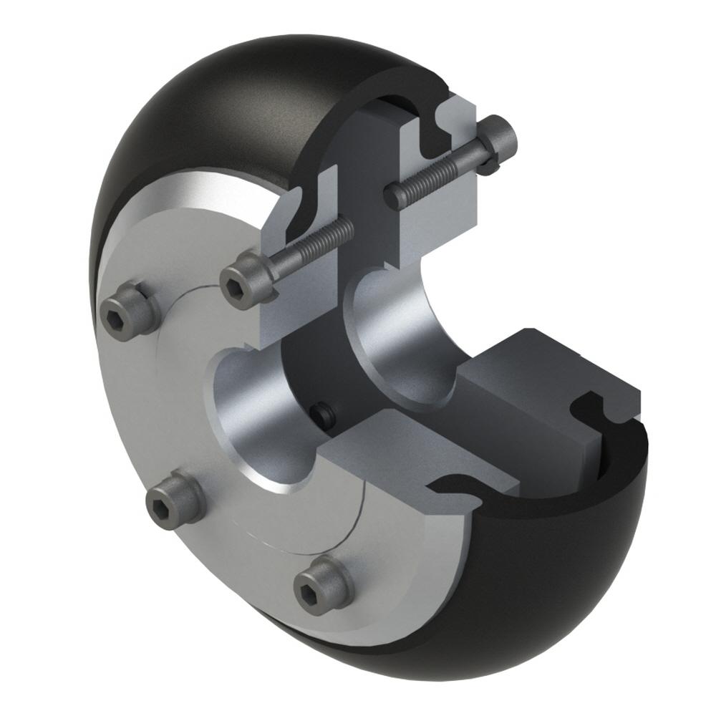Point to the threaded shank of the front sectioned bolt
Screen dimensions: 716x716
pyautogui.click(x=315, y=243)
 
